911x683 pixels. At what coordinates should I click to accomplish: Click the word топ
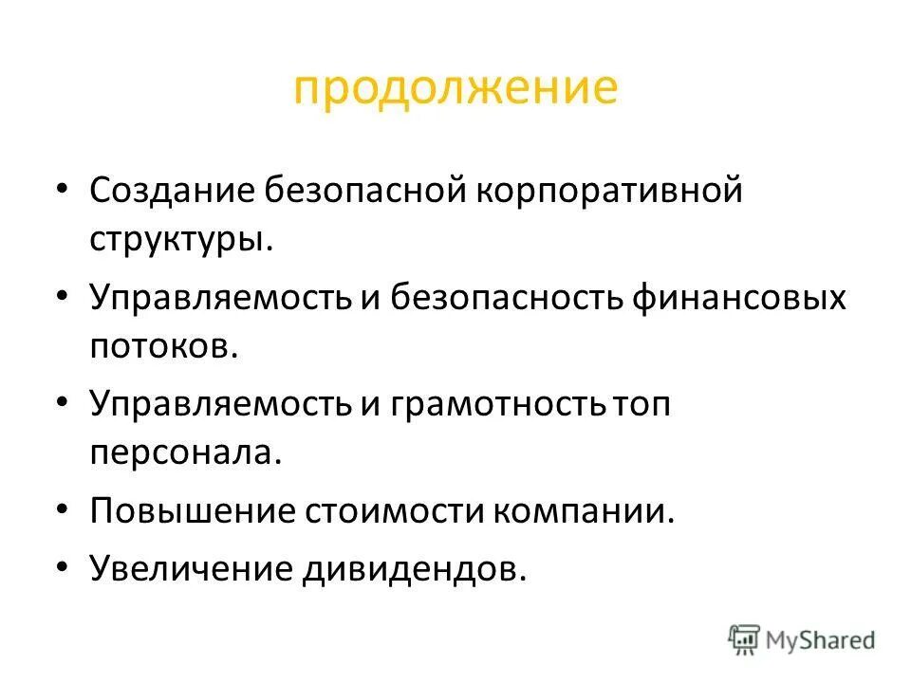point(641,404)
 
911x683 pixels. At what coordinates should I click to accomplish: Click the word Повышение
point(192,512)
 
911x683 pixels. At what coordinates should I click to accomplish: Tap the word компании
point(583,512)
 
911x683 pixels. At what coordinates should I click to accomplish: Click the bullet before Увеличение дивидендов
point(63,567)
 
